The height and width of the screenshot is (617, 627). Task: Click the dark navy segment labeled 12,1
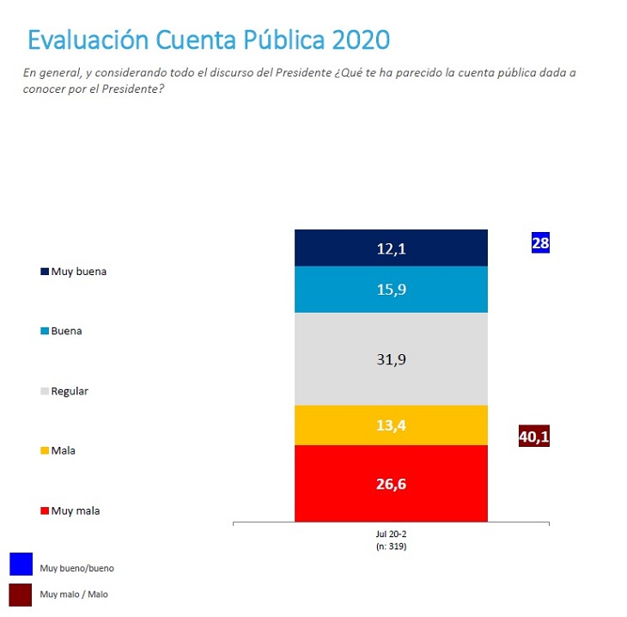[x=391, y=247]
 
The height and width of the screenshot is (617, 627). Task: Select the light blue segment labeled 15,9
[x=391, y=290]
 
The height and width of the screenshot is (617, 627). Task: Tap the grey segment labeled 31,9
[x=391, y=358]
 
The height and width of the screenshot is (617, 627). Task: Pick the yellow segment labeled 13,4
[x=391, y=425]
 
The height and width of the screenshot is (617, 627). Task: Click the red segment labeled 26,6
[x=391, y=483]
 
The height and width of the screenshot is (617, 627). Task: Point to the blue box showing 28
[x=540, y=243]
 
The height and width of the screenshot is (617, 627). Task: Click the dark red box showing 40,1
[x=533, y=437]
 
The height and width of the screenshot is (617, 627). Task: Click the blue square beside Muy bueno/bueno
[x=21, y=564]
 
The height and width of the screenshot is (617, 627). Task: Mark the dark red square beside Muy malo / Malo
[x=21, y=595]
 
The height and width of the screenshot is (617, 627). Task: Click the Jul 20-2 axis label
[x=391, y=534]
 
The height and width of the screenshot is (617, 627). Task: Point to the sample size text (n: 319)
[x=391, y=545]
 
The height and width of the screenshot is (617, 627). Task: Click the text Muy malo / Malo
[x=74, y=594]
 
